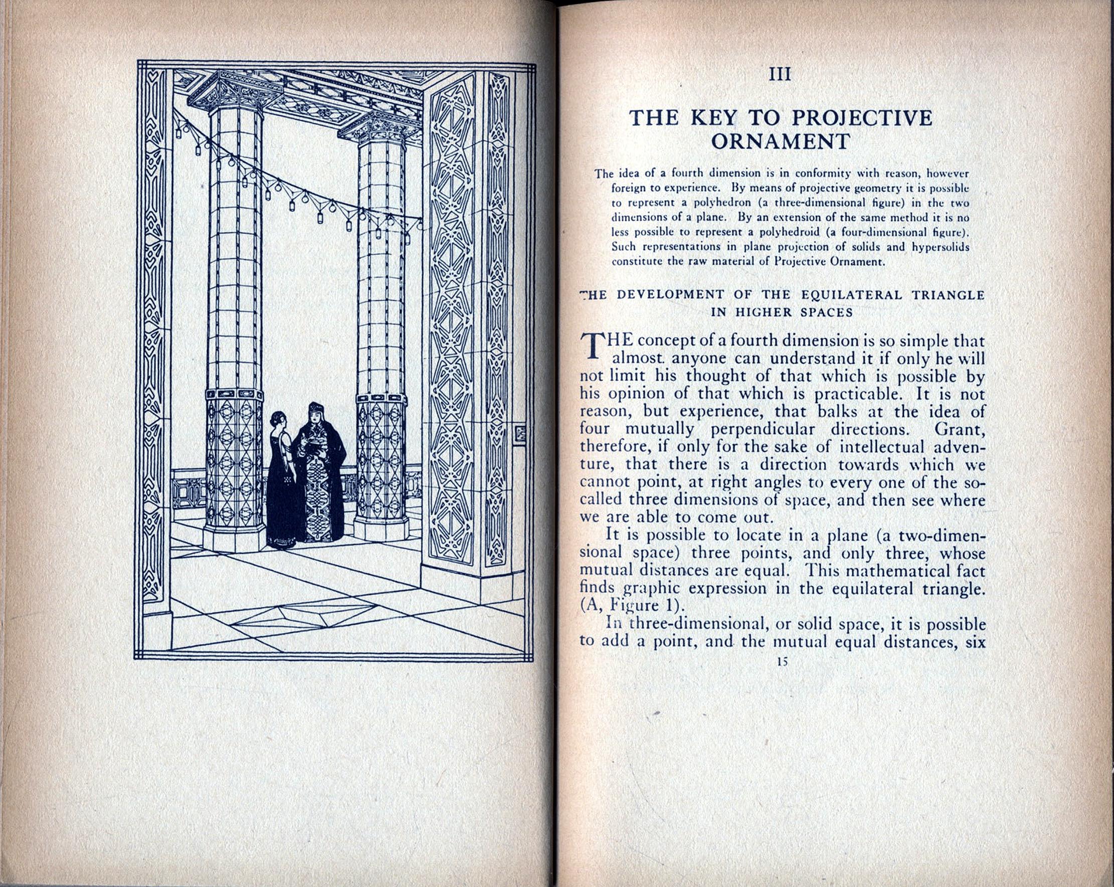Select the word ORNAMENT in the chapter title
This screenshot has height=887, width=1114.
[x=780, y=141]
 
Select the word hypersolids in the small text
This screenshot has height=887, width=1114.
[x=940, y=247]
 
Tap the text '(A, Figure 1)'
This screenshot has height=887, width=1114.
[x=622, y=605]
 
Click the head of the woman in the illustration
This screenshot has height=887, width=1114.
[x=277, y=419]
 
